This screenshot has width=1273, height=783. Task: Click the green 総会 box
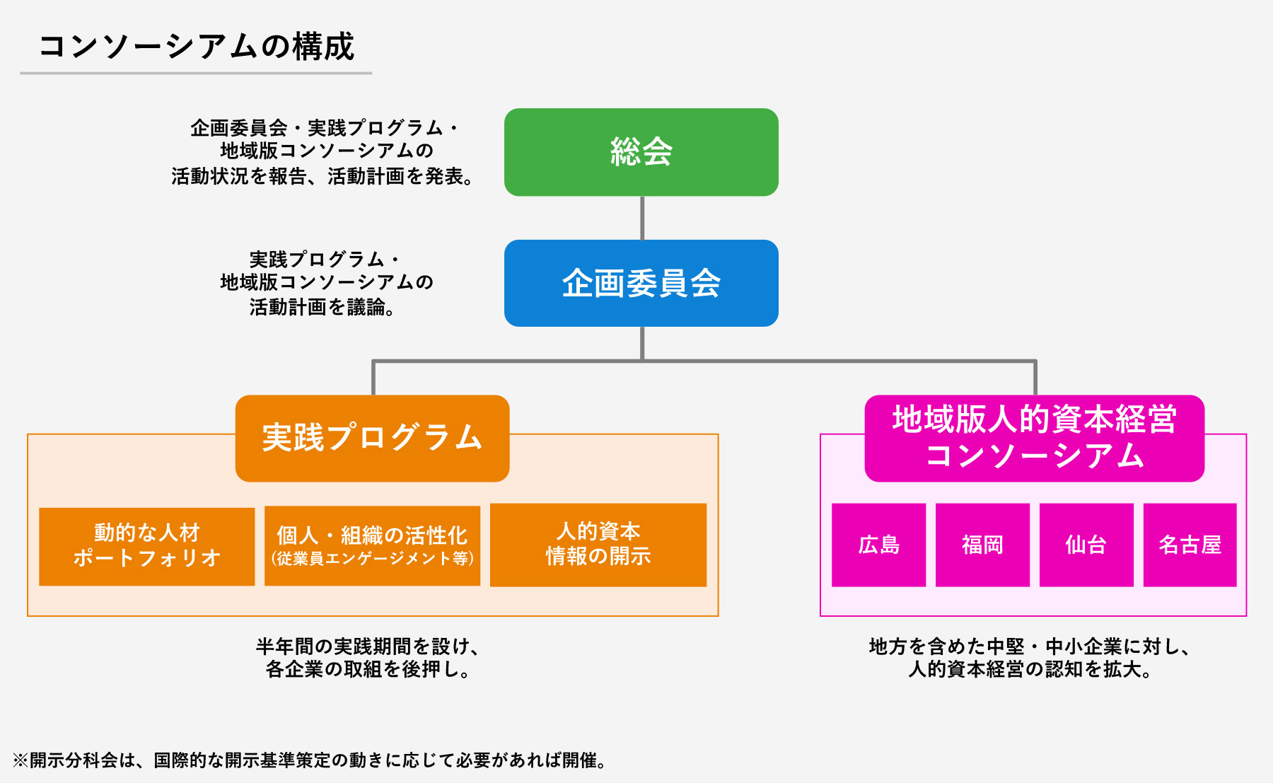point(641,152)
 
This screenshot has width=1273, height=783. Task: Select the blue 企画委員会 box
point(641,283)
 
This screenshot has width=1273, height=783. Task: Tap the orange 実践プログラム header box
point(372,438)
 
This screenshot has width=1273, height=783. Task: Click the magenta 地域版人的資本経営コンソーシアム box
point(1034,438)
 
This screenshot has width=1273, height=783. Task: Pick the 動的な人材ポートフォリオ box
point(146,546)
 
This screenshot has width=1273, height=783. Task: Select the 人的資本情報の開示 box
point(598,545)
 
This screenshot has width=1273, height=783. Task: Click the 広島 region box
point(878,545)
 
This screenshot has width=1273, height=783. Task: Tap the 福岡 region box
point(982,545)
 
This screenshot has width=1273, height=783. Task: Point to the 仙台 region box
point(1086,545)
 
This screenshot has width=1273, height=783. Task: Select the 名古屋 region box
point(1190,545)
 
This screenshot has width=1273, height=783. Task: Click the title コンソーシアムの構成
point(196,47)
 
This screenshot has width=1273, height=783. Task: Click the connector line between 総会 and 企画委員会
point(641,218)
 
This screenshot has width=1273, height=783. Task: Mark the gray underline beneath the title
point(196,73)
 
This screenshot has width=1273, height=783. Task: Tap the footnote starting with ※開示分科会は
point(309,760)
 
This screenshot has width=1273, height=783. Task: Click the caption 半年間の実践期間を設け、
point(368,646)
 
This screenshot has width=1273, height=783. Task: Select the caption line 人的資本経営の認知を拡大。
point(1030,669)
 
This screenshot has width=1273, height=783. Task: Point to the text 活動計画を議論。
point(322,307)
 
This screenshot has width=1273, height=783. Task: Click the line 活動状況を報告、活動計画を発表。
point(322,176)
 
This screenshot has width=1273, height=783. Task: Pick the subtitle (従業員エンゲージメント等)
point(372,559)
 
